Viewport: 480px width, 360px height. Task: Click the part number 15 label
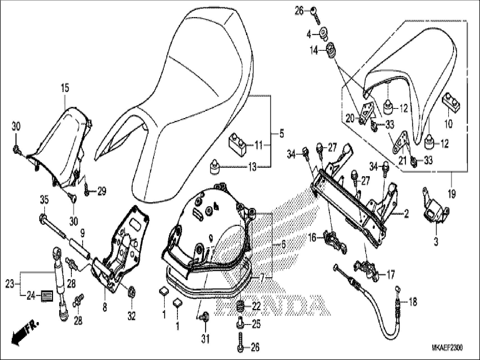[x=65, y=89]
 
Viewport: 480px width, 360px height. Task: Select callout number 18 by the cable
[x=413, y=302]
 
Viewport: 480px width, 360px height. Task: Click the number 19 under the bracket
[x=451, y=194]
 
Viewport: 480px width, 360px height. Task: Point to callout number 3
[x=436, y=242]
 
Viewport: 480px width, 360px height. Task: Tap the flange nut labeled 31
[x=205, y=317]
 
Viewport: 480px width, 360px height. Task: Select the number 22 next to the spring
[x=256, y=306]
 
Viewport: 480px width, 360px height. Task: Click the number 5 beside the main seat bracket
[x=281, y=134]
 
